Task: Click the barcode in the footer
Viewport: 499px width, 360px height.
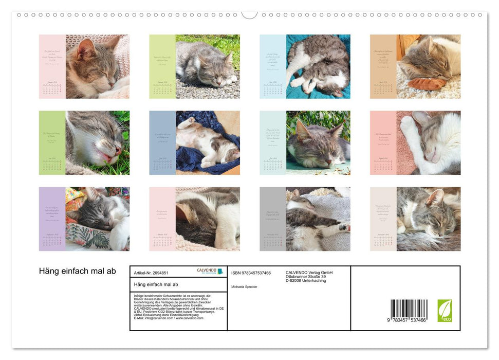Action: pyautogui.click(x=409, y=311)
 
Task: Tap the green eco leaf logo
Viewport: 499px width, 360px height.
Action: pyautogui.click(x=445, y=311)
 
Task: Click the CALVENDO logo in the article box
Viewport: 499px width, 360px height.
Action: pyautogui.click(x=210, y=271)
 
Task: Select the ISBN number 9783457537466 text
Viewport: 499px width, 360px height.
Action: pyautogui.click(x=251, y=273)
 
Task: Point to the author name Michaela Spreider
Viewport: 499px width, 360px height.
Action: pyautogui.click(x=244, y=286)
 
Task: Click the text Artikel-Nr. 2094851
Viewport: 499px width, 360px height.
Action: pyautogui.click(x=151, y=273)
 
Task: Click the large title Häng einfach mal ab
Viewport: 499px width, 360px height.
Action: pyautogui.click(x=78, y=271)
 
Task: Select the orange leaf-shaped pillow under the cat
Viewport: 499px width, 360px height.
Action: pyautogui.click(x=427, y=84)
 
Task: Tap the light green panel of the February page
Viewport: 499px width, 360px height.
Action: pyautogui.click(x=162, y=66)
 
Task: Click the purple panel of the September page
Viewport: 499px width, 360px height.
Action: pyautogui.click(x=52, y=219)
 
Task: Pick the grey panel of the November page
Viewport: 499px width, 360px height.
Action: pyautogui.click(x=272, y=219)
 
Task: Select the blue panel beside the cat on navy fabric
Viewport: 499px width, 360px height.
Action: pyautogui.click(x=162, y=142)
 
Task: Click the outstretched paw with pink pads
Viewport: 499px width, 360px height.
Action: pyautogui.click(x=343, y=227)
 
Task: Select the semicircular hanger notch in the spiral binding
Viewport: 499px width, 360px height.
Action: pyautogui.click(x=249, y=14)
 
